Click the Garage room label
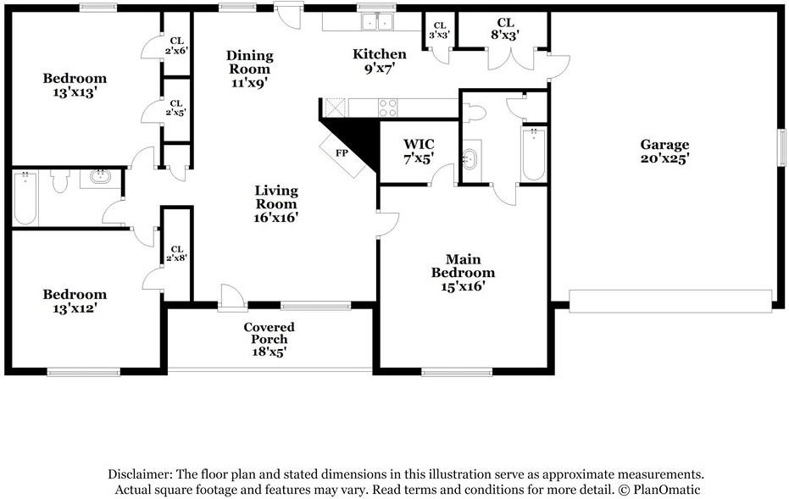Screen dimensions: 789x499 pyautogui.click(x=664, y=152)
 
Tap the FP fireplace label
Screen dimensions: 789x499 pyautogui.click(x=342, y=152)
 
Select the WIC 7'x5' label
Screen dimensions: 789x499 pyautogui.click(x=419, y=152)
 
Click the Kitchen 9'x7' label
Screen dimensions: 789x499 pyautogui.click(x=380, y=61)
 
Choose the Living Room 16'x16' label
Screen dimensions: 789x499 pyautogui.click(x=276, y=203)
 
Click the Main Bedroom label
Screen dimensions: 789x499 pyautogui.click(x=463, y=273)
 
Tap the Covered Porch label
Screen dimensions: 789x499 pyautogui.click(x=269, y=340)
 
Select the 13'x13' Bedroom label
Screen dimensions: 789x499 pyautogui.click(x=75, y=85)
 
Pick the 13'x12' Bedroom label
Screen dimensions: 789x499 pyautogui.click(x=75, y=302)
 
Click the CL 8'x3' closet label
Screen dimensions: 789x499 pyautogui.click(x=505, y=29)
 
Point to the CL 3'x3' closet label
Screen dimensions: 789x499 pyautogui.click(x=439, y=30)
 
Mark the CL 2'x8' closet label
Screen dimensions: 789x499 pyautogui.click(x=176, y=254)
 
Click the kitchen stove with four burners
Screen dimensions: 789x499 pyautogui.click(x=387, y=108)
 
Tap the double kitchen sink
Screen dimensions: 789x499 pyautogui.click(x=377, y=22)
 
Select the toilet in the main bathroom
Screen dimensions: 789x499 pyautogui.click(x=474, y=113)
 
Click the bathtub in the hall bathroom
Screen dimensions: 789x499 pyautogui.click(x=25, y=197)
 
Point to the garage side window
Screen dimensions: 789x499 pyautogui.click(x=782, y=147)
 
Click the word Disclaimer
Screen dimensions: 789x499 pyautogui.click(x=139, y=474)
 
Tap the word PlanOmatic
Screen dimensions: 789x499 pyautogui.click(x=667, y=490)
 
